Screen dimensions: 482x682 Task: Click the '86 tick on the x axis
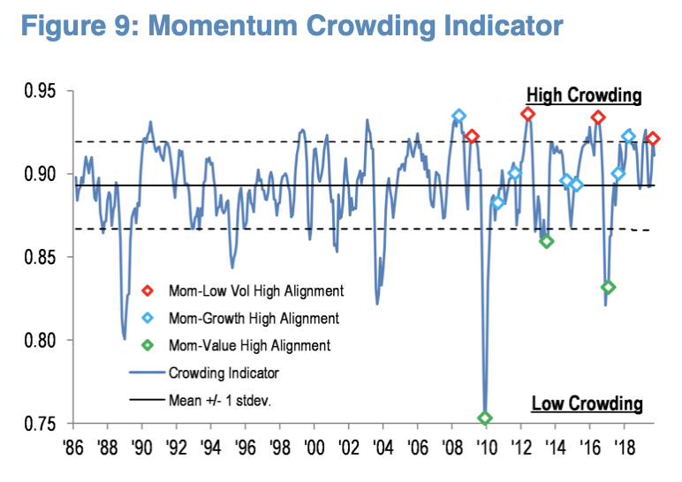point(74,445)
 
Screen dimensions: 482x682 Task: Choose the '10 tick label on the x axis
point(486,445)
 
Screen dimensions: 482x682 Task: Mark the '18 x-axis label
point(624,445)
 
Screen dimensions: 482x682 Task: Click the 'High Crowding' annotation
point(584,95)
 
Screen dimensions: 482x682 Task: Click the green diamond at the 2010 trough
point(485,418)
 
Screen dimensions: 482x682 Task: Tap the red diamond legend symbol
point(147,290)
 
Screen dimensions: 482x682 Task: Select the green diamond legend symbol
point(147,346)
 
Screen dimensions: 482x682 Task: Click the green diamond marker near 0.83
point(608,287)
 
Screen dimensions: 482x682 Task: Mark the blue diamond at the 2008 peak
point(458,116)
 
